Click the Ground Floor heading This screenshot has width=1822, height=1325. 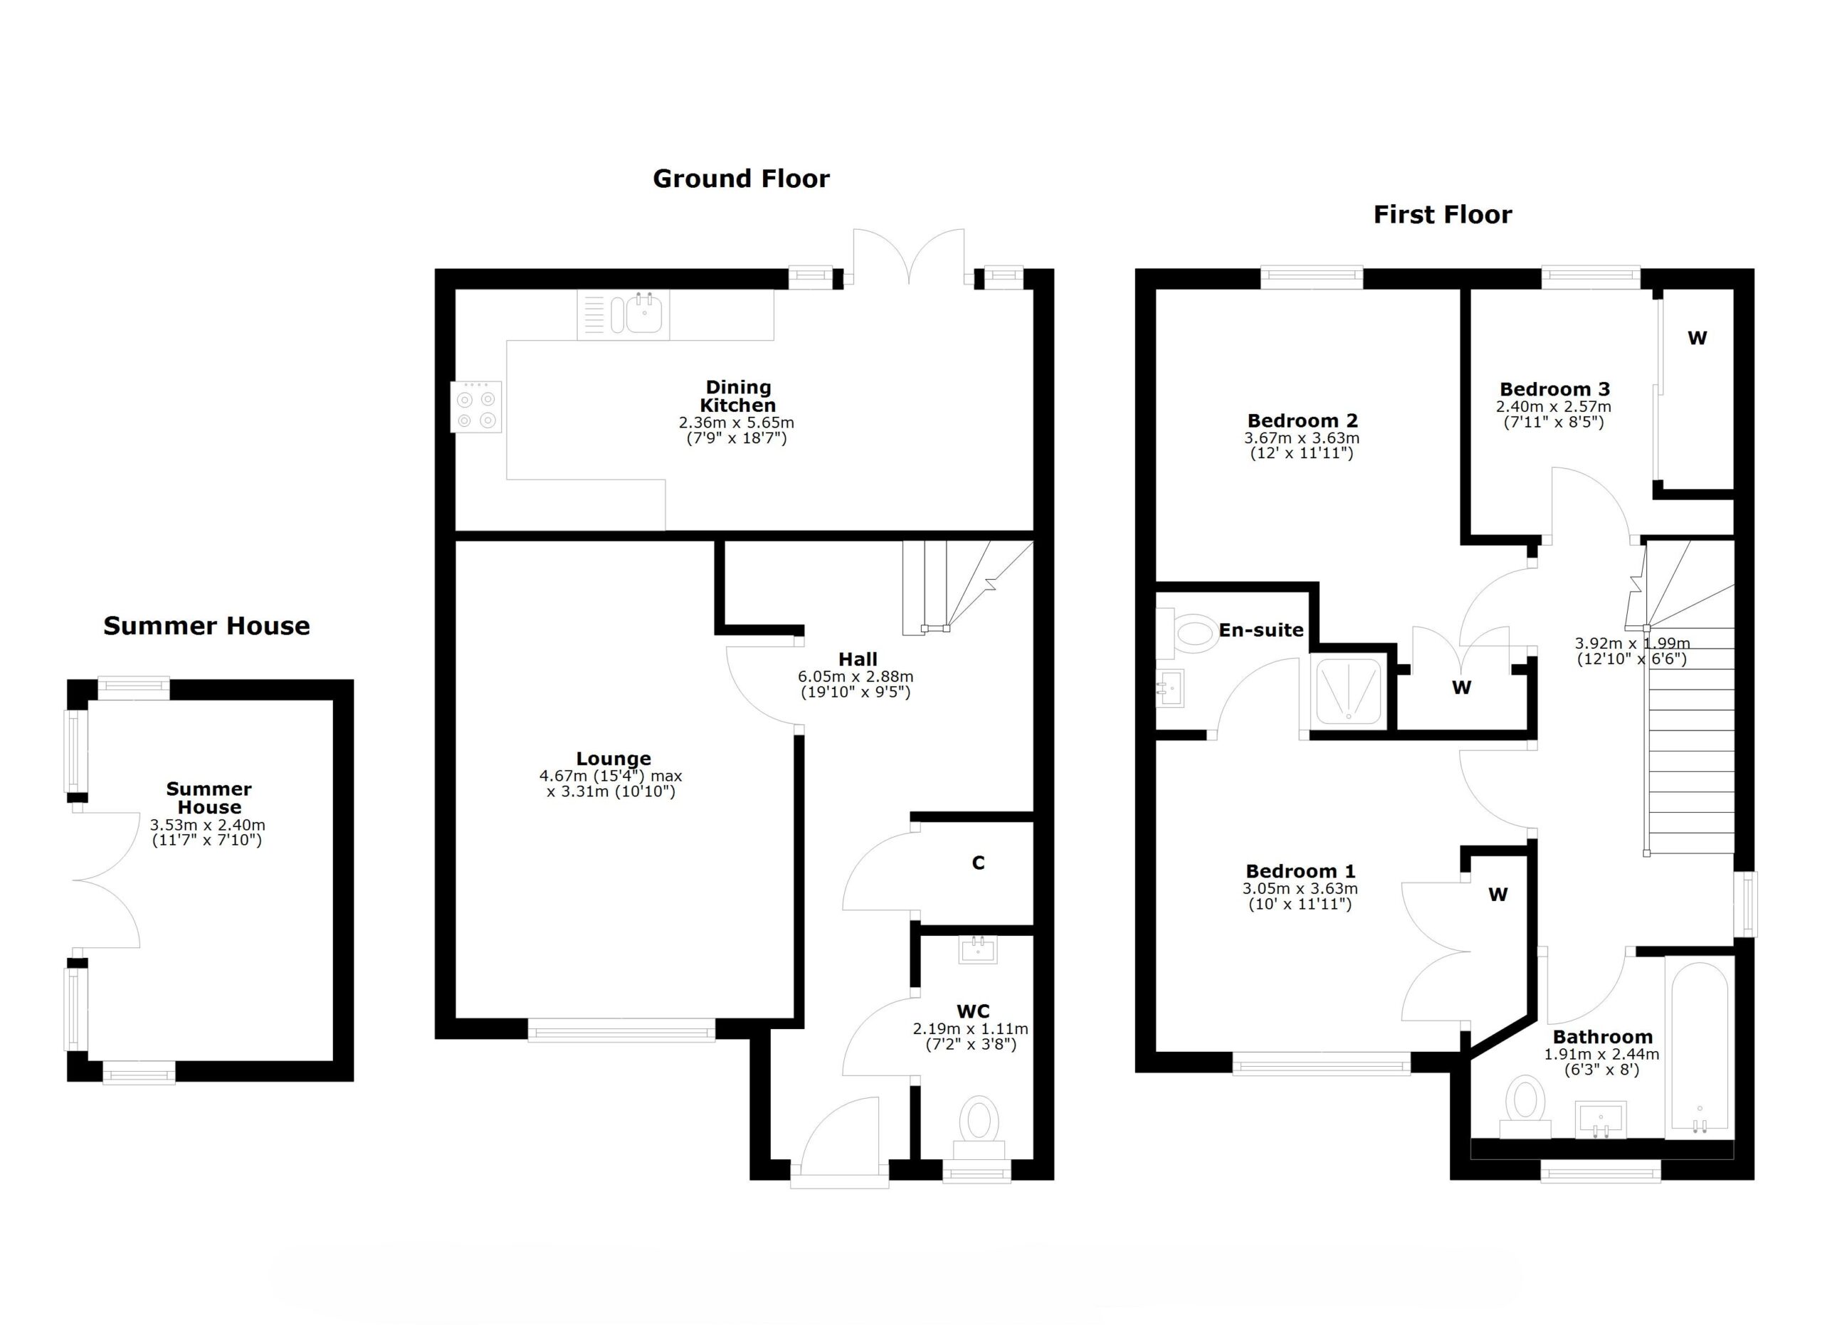click(741, 179)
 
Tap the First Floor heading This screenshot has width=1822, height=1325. click(1442, 214)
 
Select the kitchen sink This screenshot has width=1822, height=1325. click(623, 314)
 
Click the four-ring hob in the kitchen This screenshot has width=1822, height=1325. click(476, 407)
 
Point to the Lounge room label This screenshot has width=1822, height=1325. click(614, 759)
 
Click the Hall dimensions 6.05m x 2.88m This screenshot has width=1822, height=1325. click(855, 677)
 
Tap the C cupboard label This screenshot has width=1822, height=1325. click(978, 862)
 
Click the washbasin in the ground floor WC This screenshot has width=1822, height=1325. click(978, 950)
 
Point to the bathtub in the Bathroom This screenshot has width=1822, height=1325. click(1699, 1047)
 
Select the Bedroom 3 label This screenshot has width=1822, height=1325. click(1554, 389)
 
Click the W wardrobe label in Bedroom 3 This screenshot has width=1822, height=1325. click(1697, 338)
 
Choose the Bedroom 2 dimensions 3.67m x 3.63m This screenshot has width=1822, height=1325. click(1302, 438)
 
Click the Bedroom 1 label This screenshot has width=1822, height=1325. click(1300, 871)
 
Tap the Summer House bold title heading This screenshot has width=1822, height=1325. click(206, 625)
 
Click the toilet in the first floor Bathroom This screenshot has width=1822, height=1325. click(1525, 1107)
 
